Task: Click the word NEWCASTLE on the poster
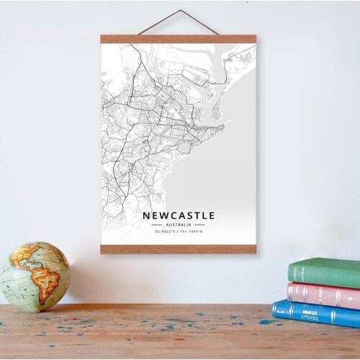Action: pos(178,215)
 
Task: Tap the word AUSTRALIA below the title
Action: pos(178,225)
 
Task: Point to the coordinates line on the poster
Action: pos(178,232)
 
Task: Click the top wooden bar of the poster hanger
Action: pos(178,39)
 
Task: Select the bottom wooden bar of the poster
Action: pos(178,249)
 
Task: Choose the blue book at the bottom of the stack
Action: pos(317,312)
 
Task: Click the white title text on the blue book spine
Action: pos(310,312)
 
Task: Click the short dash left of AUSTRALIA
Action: pos(156,225)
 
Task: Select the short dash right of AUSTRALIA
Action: pos(199,225)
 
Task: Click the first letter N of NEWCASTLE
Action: pos(145,215)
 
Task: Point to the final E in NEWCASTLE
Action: pos(211,215)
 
